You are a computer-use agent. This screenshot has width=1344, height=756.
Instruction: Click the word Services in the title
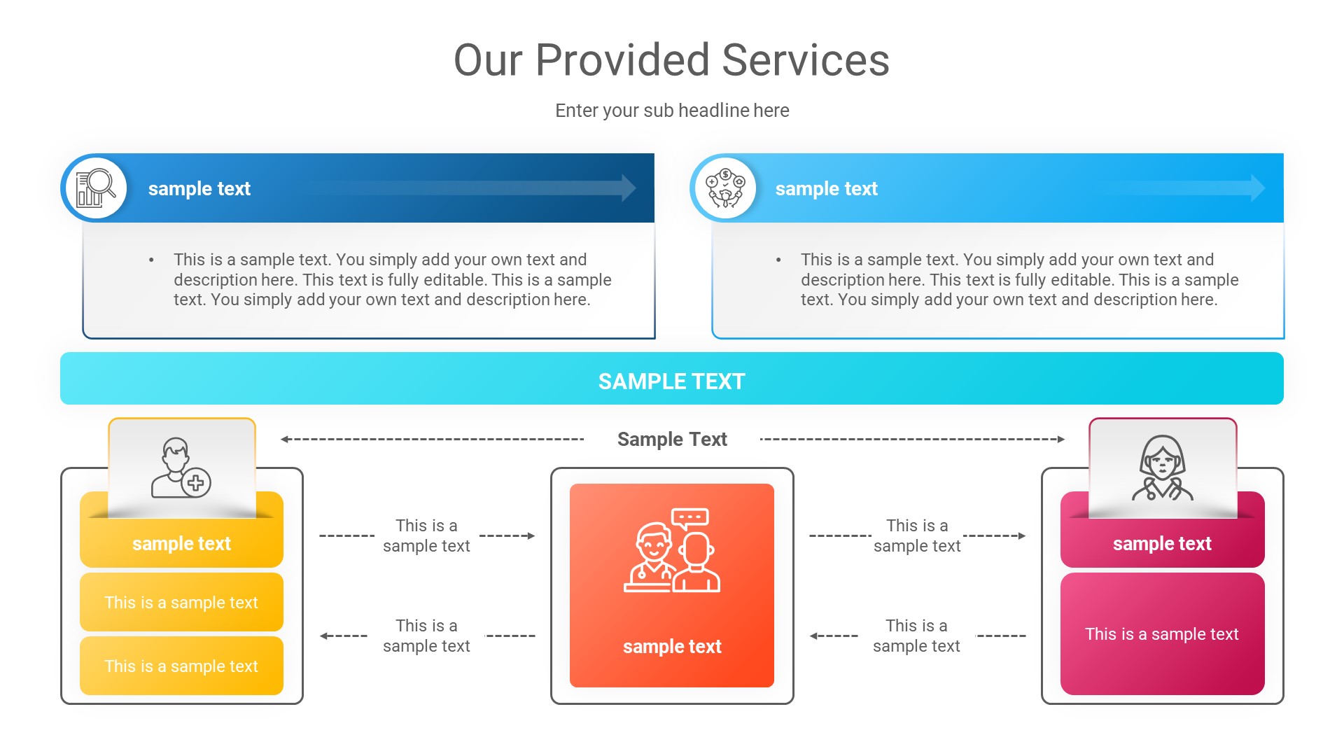point(805,60)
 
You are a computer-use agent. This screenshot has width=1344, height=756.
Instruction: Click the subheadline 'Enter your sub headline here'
point(672,111)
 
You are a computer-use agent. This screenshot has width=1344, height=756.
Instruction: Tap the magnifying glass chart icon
point(95,188)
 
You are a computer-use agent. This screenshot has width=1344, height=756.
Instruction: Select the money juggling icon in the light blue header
point(724,188)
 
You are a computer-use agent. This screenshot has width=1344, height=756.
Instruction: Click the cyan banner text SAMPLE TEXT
point(672,381)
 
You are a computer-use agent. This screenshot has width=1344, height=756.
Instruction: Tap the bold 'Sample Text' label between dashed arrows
point(672,440)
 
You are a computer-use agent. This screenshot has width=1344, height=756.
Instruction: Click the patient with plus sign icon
point(181,468)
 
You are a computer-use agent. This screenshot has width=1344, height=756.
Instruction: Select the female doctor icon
point(1162,468)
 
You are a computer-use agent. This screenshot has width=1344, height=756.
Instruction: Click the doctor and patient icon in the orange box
point(672,551)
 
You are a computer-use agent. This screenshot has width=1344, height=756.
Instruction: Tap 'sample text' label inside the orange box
point(672,647)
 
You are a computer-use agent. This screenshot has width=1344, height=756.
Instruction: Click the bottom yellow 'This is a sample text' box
point(181,666)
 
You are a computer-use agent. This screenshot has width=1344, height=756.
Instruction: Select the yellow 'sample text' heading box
point(181,544)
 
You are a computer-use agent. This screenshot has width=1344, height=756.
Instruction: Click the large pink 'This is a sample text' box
point(1162,634)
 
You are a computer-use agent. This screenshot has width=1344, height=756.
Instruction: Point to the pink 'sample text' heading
point(1162,544)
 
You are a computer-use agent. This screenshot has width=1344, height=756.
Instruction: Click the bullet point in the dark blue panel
point(151,260)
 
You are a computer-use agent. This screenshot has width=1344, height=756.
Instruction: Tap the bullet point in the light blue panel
point(778,260)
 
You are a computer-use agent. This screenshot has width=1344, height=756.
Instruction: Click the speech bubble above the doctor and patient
point(689,517)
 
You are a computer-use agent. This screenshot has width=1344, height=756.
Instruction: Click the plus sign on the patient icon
point(196,483)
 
